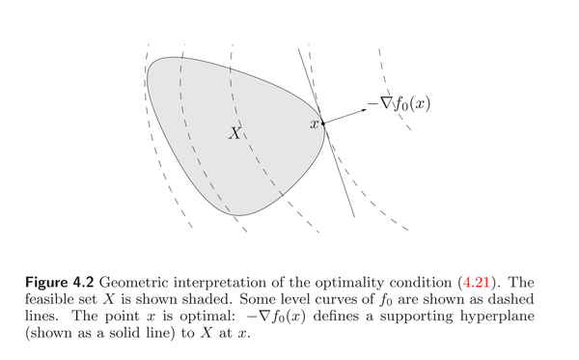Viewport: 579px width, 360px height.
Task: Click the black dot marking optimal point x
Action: (x=323, y=124)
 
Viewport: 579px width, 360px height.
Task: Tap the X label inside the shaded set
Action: (x=234, y=133)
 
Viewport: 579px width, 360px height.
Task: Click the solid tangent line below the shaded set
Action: (x=346, y=193)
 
